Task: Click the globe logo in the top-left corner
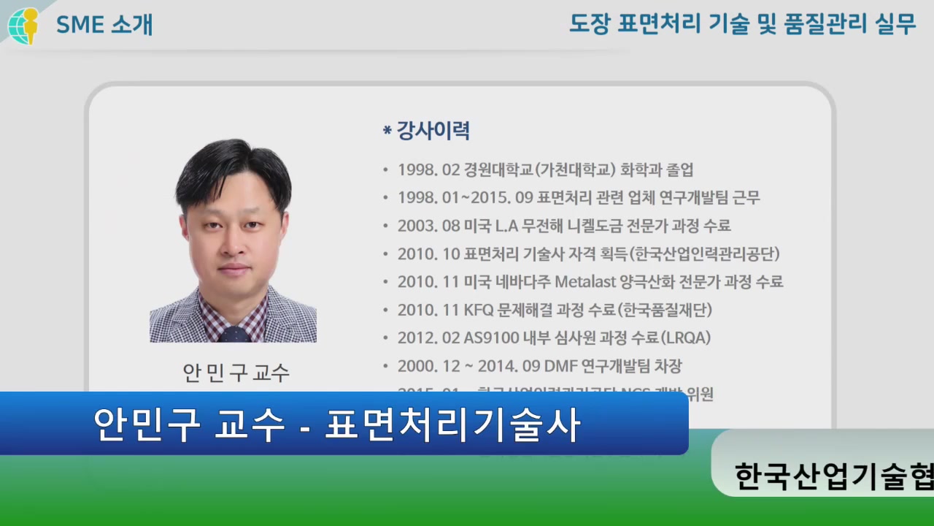[x=23, y=26]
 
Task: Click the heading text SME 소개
[x=104, y=25]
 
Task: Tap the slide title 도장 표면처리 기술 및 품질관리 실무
[x=742, y=25]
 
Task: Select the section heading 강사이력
[x=432, y=131]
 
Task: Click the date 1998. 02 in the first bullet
[x=428, y=170]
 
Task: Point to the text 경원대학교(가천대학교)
[x=540, y=170]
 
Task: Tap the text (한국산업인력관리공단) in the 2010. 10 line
[x=706, y=254]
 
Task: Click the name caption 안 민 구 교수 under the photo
[x=236, y=373]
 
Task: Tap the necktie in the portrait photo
[x=233, y=334]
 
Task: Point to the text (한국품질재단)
[x=664, y=310]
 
